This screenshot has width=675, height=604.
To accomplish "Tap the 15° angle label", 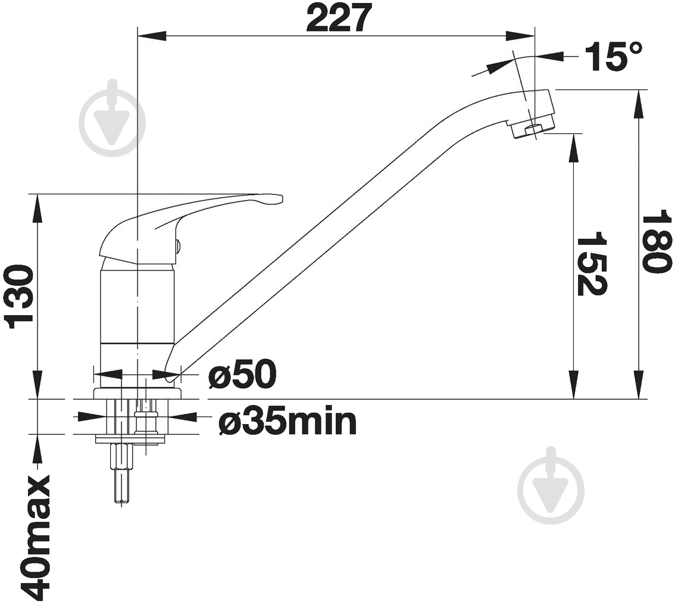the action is (613, 56).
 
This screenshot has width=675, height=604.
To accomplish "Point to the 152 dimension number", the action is (592, 264).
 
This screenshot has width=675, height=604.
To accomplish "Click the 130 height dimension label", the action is (18, 297).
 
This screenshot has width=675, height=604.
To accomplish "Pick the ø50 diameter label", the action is (242, 373).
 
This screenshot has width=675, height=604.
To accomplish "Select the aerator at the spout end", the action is (532, 129).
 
